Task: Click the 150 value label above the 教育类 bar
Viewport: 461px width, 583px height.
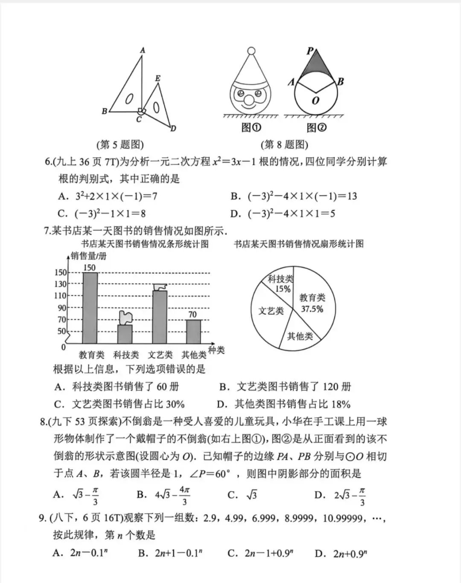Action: click(x=90, y=268)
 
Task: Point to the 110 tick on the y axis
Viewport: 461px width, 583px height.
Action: click(x=61, y=296)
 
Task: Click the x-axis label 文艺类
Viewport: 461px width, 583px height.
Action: click(x=160, y=355)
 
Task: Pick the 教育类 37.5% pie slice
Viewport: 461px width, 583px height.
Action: click(x=314, y=303)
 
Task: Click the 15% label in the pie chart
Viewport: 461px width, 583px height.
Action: click(x=283, y=289)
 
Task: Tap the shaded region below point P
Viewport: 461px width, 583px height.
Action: click(x=315, y=66)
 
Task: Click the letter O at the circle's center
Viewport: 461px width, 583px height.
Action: click(x=315, y=101)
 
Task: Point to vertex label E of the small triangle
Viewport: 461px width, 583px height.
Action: click(x=158, y=78)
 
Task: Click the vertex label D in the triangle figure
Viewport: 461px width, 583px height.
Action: click(x=173, y=128)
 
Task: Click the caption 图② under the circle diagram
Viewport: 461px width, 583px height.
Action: click(x=316, y=127)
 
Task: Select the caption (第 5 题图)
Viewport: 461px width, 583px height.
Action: click(x=120, y=145)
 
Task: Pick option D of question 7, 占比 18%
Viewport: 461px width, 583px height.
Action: click(x=283, y=404)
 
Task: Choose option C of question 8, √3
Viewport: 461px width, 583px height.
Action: click(x=243, y=495)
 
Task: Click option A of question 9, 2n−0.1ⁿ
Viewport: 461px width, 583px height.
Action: click(x=80, y=553)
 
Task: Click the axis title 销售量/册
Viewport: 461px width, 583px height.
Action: click(x=88, y=256)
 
